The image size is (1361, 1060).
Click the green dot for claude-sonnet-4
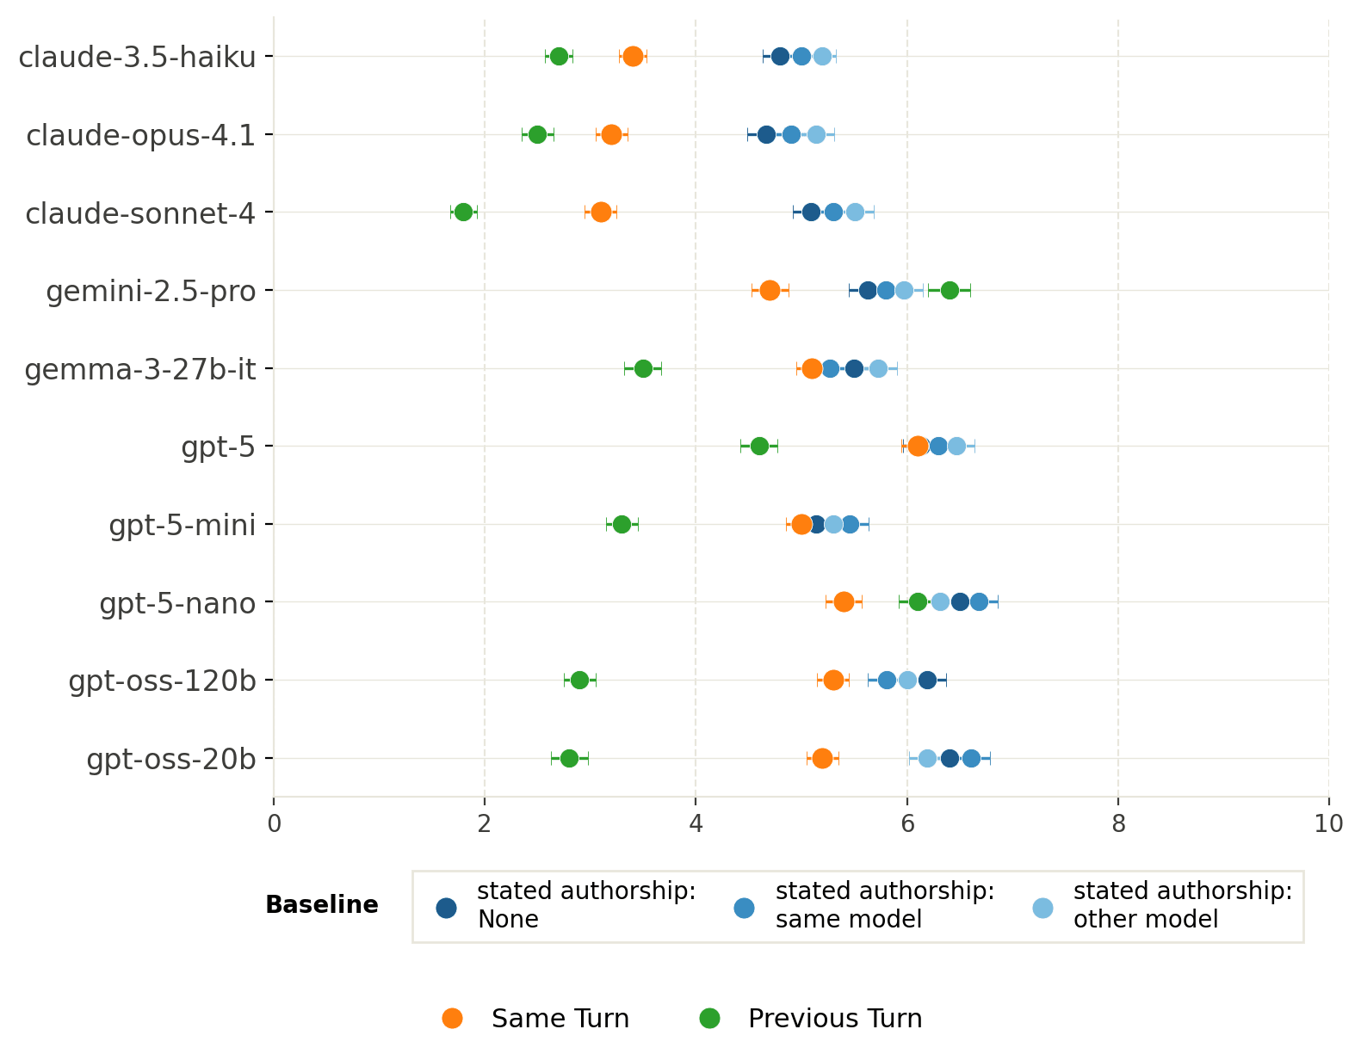tap(463, 213)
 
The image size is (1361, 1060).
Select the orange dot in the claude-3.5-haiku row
tap(633, 56)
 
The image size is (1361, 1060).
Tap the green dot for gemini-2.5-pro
tap(949, 290)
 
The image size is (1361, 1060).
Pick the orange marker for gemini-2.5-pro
tap(769, 290)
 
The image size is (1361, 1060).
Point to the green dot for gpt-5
tap(759, 447)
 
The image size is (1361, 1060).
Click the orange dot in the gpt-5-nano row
tap(844, 602)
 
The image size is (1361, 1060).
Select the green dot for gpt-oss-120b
tap(579, 681)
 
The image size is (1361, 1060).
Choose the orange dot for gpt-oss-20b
tap(822, 758)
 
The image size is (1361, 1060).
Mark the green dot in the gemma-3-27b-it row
tap(642, 368)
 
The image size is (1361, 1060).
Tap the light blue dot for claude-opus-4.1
tap(815, 134)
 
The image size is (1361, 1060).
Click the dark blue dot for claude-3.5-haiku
tap(779, 56)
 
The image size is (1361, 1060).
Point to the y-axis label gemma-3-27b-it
tap(140, 370)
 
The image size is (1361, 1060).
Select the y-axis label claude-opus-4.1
tap(141, 135)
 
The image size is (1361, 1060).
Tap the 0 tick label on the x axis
tap(274, 823)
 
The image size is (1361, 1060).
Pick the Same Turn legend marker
tap(452, 1018)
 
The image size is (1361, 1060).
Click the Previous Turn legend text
tap(835, 1019)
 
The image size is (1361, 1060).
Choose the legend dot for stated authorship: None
tap(446, 908)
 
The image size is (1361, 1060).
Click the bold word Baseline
tap(322, 905)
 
